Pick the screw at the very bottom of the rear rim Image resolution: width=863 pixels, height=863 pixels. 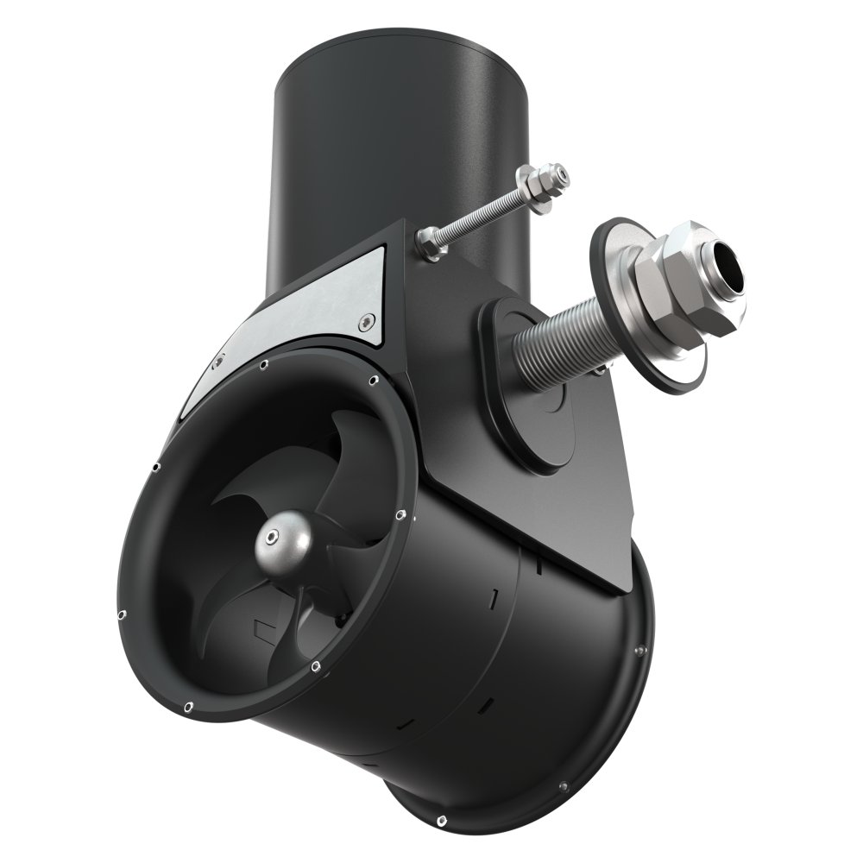(442, 817)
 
